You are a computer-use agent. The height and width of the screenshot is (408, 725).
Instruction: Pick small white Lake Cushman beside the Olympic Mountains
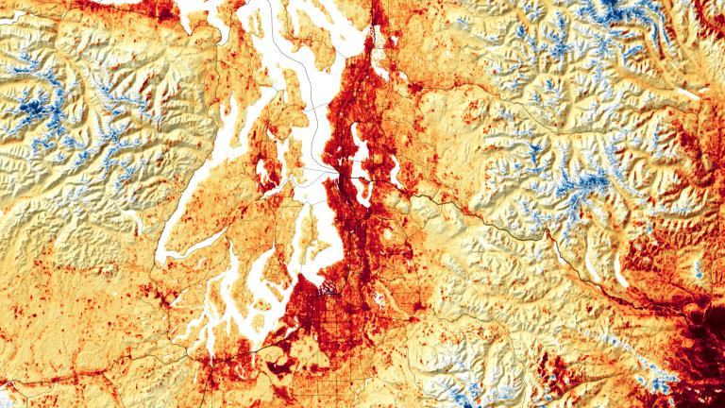pyautogui.click(x=142, y=228)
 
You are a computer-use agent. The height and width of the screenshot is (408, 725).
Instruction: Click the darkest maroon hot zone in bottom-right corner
pyautogui.click(x=703, y=364)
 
